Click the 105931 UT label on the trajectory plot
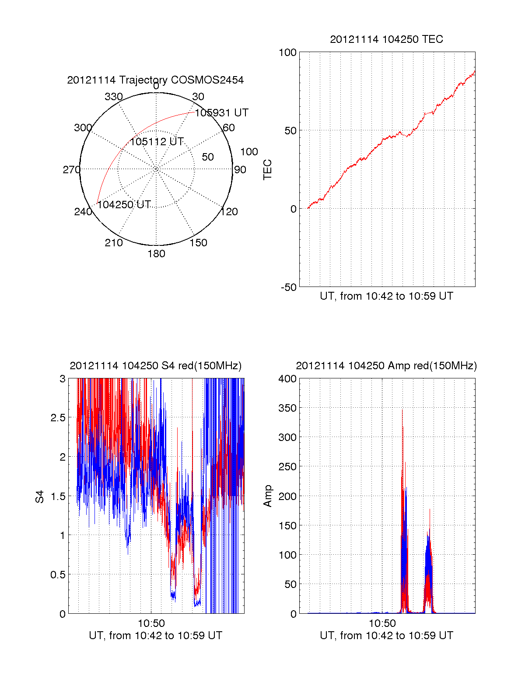coord(221,113)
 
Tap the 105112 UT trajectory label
coord(157,142)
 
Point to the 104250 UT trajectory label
coord(124,205)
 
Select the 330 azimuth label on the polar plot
coord(113,97)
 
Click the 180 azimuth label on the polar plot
coord(156,254)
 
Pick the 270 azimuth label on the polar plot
coord(71,170)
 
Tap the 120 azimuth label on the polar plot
coord(229,212)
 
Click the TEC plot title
coord(386,39)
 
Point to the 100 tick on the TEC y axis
coord(287,52)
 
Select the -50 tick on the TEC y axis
coord(289,287)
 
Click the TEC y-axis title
coord(267,170)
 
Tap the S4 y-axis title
coord(40,497)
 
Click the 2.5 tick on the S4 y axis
coord(58,418)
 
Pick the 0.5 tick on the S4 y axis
coord(58,575)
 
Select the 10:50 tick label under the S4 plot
coord(151,623)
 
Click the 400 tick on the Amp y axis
coord(287,379)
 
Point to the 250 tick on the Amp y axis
coord(287,467)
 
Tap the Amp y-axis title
coord(267,496)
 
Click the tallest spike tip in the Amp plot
coord(402,410)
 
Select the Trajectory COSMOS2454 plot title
coord(155,80)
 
